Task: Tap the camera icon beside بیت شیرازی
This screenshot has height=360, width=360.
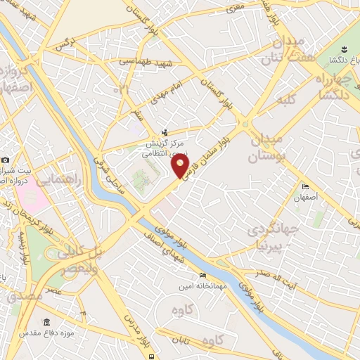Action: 6,160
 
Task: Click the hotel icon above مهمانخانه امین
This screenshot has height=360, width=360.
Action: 202,274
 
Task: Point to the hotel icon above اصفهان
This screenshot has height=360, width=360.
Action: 304,186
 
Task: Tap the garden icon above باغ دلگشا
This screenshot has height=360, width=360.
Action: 344,49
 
